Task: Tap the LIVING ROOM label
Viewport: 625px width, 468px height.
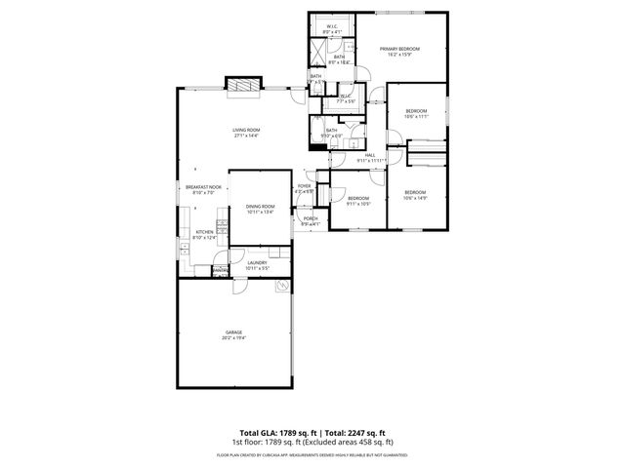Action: click(246, 130)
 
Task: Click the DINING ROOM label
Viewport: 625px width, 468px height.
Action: click(260, 206)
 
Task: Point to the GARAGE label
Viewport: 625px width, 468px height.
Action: click(233, 332)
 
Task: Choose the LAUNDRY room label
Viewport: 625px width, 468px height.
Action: click(257, 262)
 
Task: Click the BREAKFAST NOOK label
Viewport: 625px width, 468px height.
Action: click(204, 187)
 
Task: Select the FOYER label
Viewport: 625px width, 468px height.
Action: click(305, 185)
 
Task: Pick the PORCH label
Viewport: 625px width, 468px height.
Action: click(310, 218)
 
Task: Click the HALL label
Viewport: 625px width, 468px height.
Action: click(370, 154)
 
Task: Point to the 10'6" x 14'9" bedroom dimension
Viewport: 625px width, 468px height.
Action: click(416, 198)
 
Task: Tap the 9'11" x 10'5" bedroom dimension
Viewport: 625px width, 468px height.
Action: click(358, 204)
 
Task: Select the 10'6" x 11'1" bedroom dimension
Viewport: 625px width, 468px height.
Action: click(416, 116)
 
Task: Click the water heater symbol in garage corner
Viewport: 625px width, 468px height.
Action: click(282, 287)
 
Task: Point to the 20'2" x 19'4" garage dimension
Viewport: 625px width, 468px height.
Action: click(233, 338)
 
